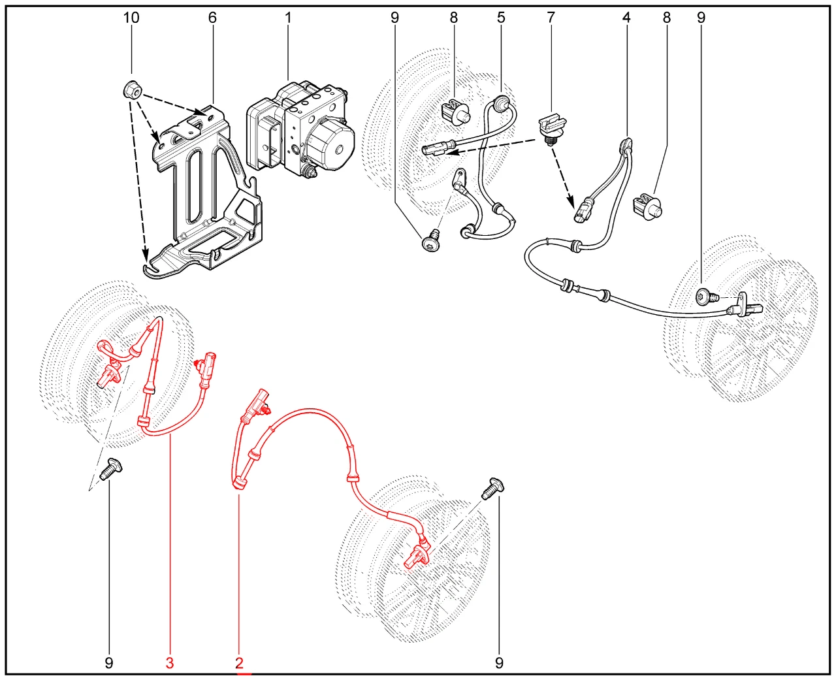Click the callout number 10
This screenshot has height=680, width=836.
click(x=131, y=18)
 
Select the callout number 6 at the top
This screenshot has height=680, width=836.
click(x=212, y=18)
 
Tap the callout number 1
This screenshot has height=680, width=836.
click(x=288, y=18)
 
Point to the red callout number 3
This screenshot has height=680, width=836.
click(x=170, y=663)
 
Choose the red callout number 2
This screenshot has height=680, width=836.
click(x=240, y=663)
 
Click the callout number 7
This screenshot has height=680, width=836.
click(x=551, y=18)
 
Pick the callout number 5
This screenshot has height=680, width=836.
click(x=501, y=18)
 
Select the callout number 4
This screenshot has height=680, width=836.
click(x=626, y=18)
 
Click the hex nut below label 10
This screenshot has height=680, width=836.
click(x=133, y=91)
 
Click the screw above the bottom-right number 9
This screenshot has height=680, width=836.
click(x=493, y=489)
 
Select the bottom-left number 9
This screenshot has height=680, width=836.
click(x=109, y=663)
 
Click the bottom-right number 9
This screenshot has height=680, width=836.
click(x=499, y=663)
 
